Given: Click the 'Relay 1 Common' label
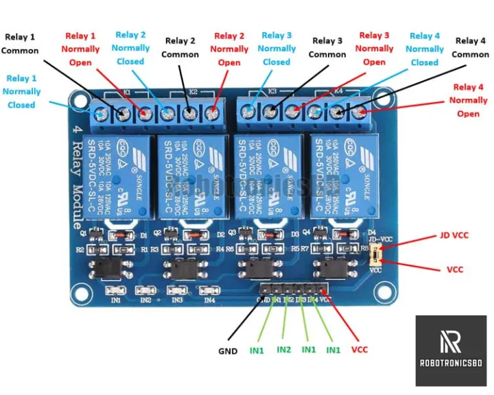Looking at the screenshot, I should (20, 44).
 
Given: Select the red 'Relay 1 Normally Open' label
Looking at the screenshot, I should (80, 49).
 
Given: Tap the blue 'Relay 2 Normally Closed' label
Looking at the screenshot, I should (130, 48).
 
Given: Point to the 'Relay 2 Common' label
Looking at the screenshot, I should (180, 47).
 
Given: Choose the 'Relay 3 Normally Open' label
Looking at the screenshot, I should (374, 49).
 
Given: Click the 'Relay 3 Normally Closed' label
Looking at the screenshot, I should (277, 49).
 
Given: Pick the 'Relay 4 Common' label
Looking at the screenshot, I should (471, 48).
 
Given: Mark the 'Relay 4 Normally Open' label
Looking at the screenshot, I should (469, 100).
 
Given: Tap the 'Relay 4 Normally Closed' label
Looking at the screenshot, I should (425, 49).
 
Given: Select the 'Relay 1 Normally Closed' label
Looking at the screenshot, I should (21, 92).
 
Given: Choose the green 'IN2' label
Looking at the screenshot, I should (284, 350).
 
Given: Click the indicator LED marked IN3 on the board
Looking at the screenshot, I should (177, 291).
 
